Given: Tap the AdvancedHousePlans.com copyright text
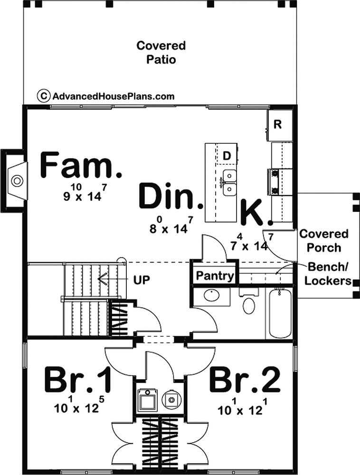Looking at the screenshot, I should (107, 96).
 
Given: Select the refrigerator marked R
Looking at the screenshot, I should (278, 125).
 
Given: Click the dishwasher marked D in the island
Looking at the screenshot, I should (227, 155).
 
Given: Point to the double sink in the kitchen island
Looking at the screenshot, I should (230, 182).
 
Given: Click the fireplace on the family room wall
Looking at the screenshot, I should (17, 180).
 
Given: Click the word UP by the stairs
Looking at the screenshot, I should (142, 279).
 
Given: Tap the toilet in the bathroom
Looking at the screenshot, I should (248, 303).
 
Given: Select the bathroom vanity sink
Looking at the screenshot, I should (211, 296).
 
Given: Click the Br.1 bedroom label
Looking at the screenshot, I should (78, 380).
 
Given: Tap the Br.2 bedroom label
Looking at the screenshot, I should (245, 380).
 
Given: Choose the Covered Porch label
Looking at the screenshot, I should (323, 241).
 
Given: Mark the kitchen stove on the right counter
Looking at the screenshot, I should (275, 182).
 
